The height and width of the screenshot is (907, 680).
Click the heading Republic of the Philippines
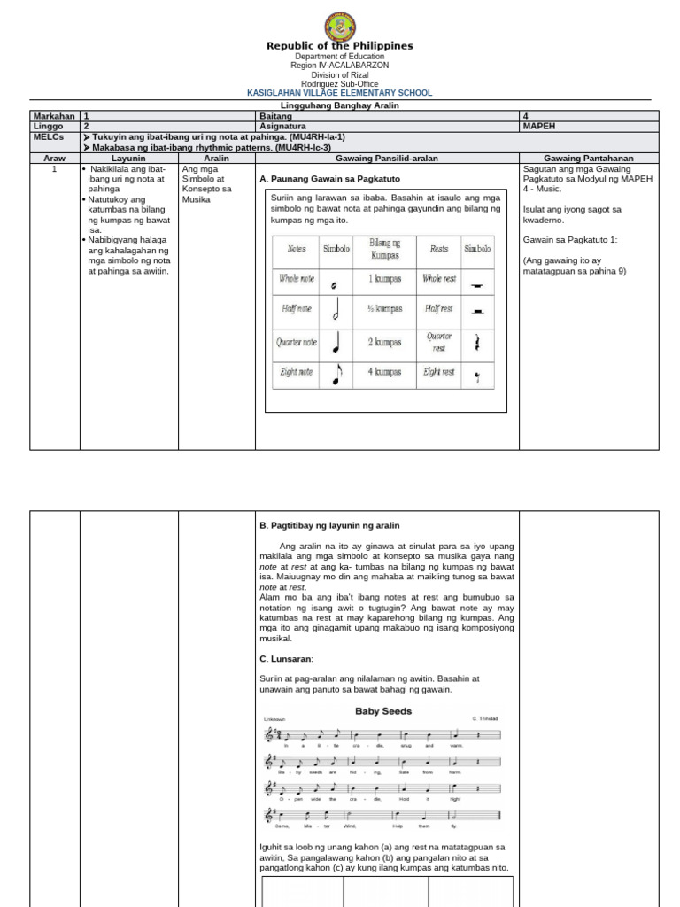(340, 46)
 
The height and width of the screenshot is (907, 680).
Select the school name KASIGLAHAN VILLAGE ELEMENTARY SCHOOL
(340, 92)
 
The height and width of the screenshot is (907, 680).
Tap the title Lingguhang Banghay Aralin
(340, 105)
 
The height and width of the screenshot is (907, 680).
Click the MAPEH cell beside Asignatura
(540, 127)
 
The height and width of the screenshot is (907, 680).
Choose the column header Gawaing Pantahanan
(589, 158)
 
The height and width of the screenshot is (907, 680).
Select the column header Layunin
(127, 158)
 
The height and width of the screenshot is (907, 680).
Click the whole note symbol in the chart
(333, 285)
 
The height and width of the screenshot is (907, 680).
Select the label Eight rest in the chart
(440, 373)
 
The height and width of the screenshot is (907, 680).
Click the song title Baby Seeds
(383, 710)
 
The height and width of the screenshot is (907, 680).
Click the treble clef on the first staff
(269, 735)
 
